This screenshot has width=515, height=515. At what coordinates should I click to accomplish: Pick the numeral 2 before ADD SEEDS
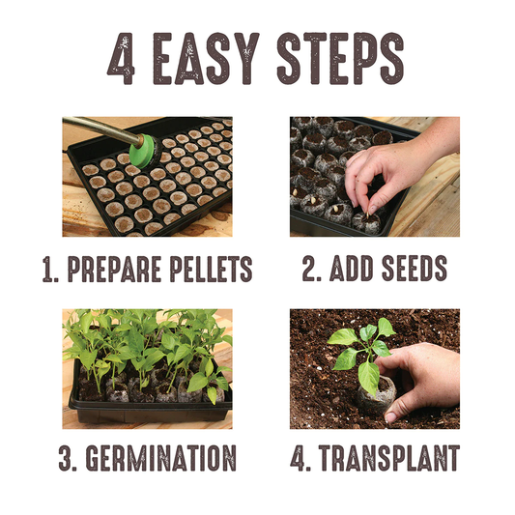tap(308, 269)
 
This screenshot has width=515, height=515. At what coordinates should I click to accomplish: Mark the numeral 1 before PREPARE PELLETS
tap(48, 269)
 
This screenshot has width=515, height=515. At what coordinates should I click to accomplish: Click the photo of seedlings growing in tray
tap(147, 368)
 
